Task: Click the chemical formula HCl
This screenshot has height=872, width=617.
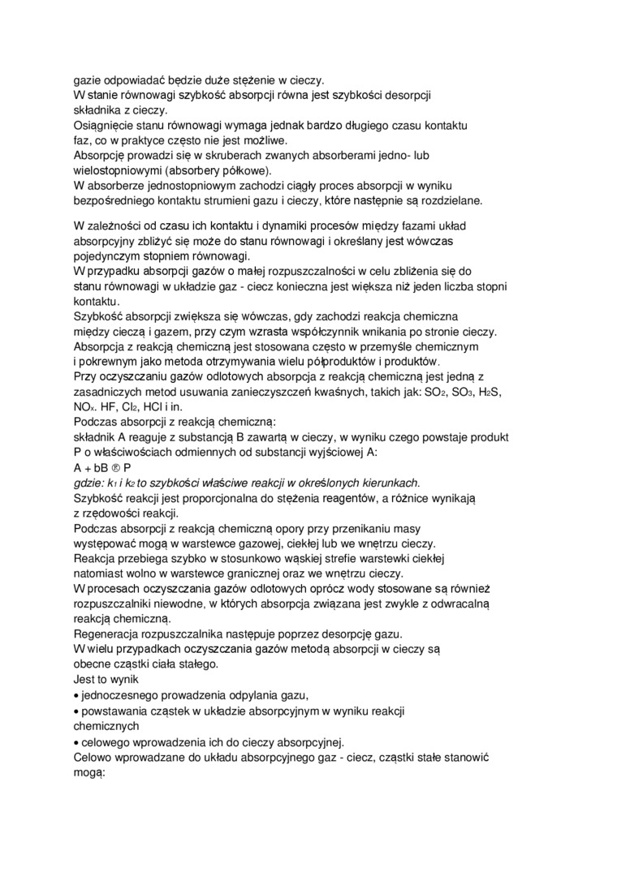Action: tap(157, 407)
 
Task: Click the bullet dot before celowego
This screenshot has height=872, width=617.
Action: tap(76, 741)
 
